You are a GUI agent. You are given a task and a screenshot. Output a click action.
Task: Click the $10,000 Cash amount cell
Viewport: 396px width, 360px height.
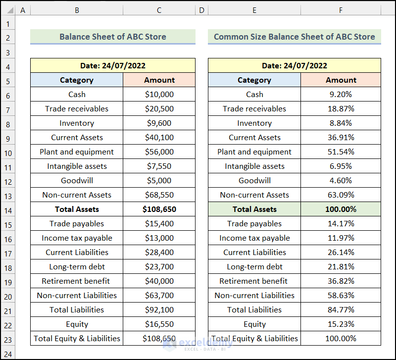click(159, 94)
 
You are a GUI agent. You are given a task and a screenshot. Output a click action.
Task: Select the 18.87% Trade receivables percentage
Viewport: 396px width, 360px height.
click(341, 108)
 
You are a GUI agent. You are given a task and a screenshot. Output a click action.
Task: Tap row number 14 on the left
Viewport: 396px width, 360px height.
click(8, 209)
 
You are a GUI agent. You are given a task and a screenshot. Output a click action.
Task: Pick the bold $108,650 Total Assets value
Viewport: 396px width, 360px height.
click(159, 209)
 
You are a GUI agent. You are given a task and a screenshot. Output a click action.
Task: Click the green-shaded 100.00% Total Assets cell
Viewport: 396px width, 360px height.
click(341, 209)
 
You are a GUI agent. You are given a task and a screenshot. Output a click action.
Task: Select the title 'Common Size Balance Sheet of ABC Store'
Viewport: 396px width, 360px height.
click(294, 37)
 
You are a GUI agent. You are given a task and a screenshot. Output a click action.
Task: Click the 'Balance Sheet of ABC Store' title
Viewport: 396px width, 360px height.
click(112, 37)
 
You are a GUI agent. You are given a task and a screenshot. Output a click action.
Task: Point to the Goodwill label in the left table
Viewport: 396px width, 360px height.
click(77, 181)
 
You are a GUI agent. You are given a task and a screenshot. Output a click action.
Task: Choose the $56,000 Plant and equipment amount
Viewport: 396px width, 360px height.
click(159, 152)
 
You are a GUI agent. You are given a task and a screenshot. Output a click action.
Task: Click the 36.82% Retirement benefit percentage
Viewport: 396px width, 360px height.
click(341, 281)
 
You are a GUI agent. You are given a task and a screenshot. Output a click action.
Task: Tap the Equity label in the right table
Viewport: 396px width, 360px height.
click(254, 324)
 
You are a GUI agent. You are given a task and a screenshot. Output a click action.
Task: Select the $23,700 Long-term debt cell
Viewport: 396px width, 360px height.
click(159, 267)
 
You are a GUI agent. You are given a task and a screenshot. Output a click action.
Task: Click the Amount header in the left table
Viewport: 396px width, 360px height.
click(159, 80)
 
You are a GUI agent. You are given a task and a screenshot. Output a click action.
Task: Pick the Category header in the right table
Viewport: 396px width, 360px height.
click(254, 80)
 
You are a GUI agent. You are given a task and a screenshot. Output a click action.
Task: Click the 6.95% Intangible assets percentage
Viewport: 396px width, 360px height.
click(341, 166)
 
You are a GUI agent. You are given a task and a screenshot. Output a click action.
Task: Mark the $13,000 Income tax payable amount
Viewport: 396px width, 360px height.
click(159, 238)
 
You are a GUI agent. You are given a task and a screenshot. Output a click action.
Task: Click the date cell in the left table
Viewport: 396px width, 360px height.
click(112, 65)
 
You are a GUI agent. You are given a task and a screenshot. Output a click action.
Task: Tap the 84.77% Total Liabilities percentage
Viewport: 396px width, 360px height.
click(341, 310)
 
